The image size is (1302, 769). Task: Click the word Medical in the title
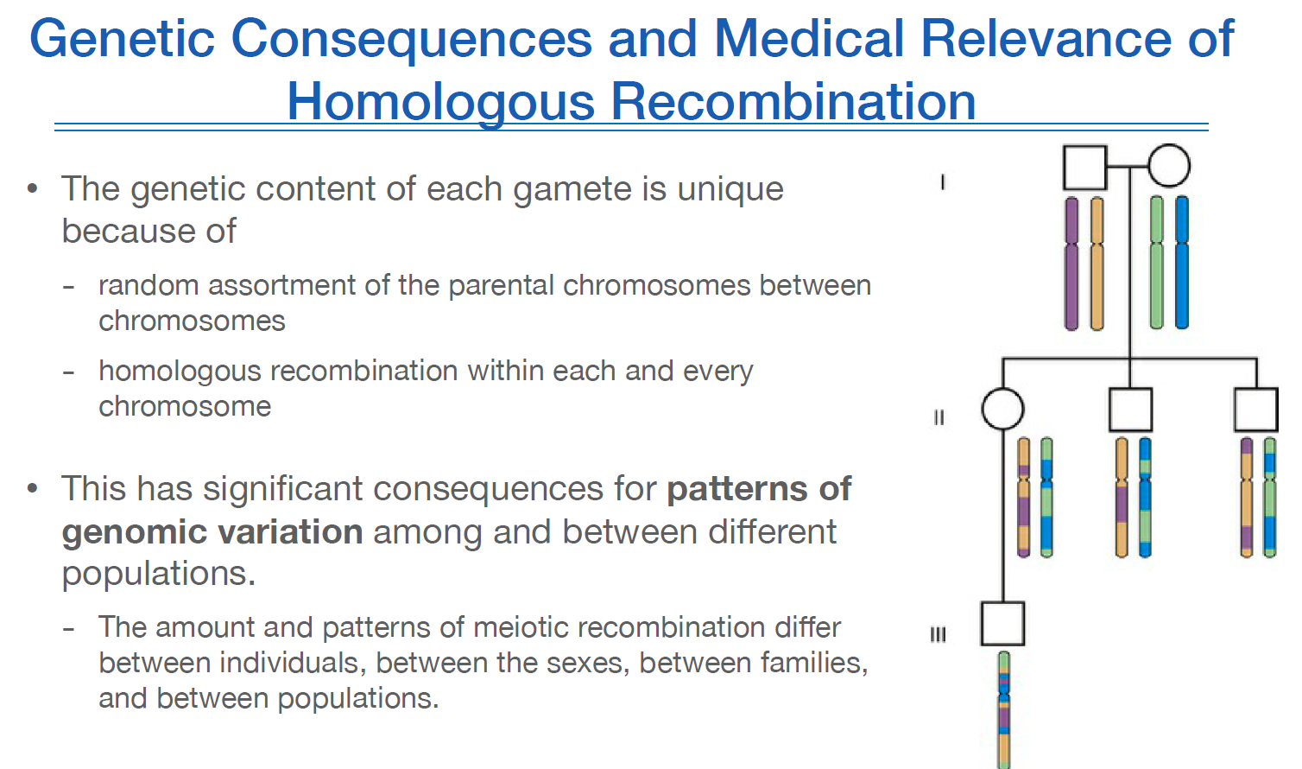point(808,39)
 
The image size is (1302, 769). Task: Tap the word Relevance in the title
point(1046,39)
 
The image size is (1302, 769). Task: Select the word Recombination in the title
point(793,102)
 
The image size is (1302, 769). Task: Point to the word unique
point(730,189)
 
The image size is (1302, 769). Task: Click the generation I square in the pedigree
point(1084,168)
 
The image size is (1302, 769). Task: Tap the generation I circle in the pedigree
point(1169,166)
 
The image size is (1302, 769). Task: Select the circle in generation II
point(1002,409)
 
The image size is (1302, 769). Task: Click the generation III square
point(1002,624)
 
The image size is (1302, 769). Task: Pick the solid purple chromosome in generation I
point(1071,264)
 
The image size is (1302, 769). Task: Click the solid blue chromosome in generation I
point(1182,264)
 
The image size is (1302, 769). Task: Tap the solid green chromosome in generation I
point(1157,264)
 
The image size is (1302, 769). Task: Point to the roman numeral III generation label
point(939,635)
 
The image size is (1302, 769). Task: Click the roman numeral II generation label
point(939,417)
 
